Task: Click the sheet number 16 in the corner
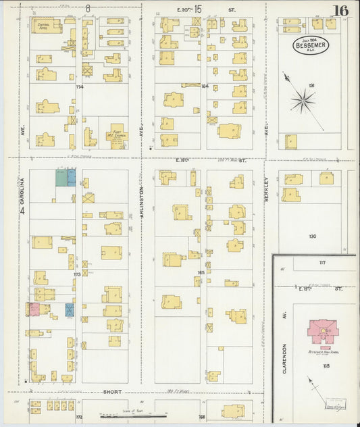pyautogui.click(x=341, y=10)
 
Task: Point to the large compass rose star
pyautogui.click(x=303, y=101)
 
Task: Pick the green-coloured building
pyautogui.click(x=61, y=178)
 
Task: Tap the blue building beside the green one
pyautogui.click(x=71, y=178)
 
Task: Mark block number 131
pyautogui.click(x=311, y=85)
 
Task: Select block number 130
pyautogui.click(x=312, y=236)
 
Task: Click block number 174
pyautogui.click(x=79, y=87)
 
